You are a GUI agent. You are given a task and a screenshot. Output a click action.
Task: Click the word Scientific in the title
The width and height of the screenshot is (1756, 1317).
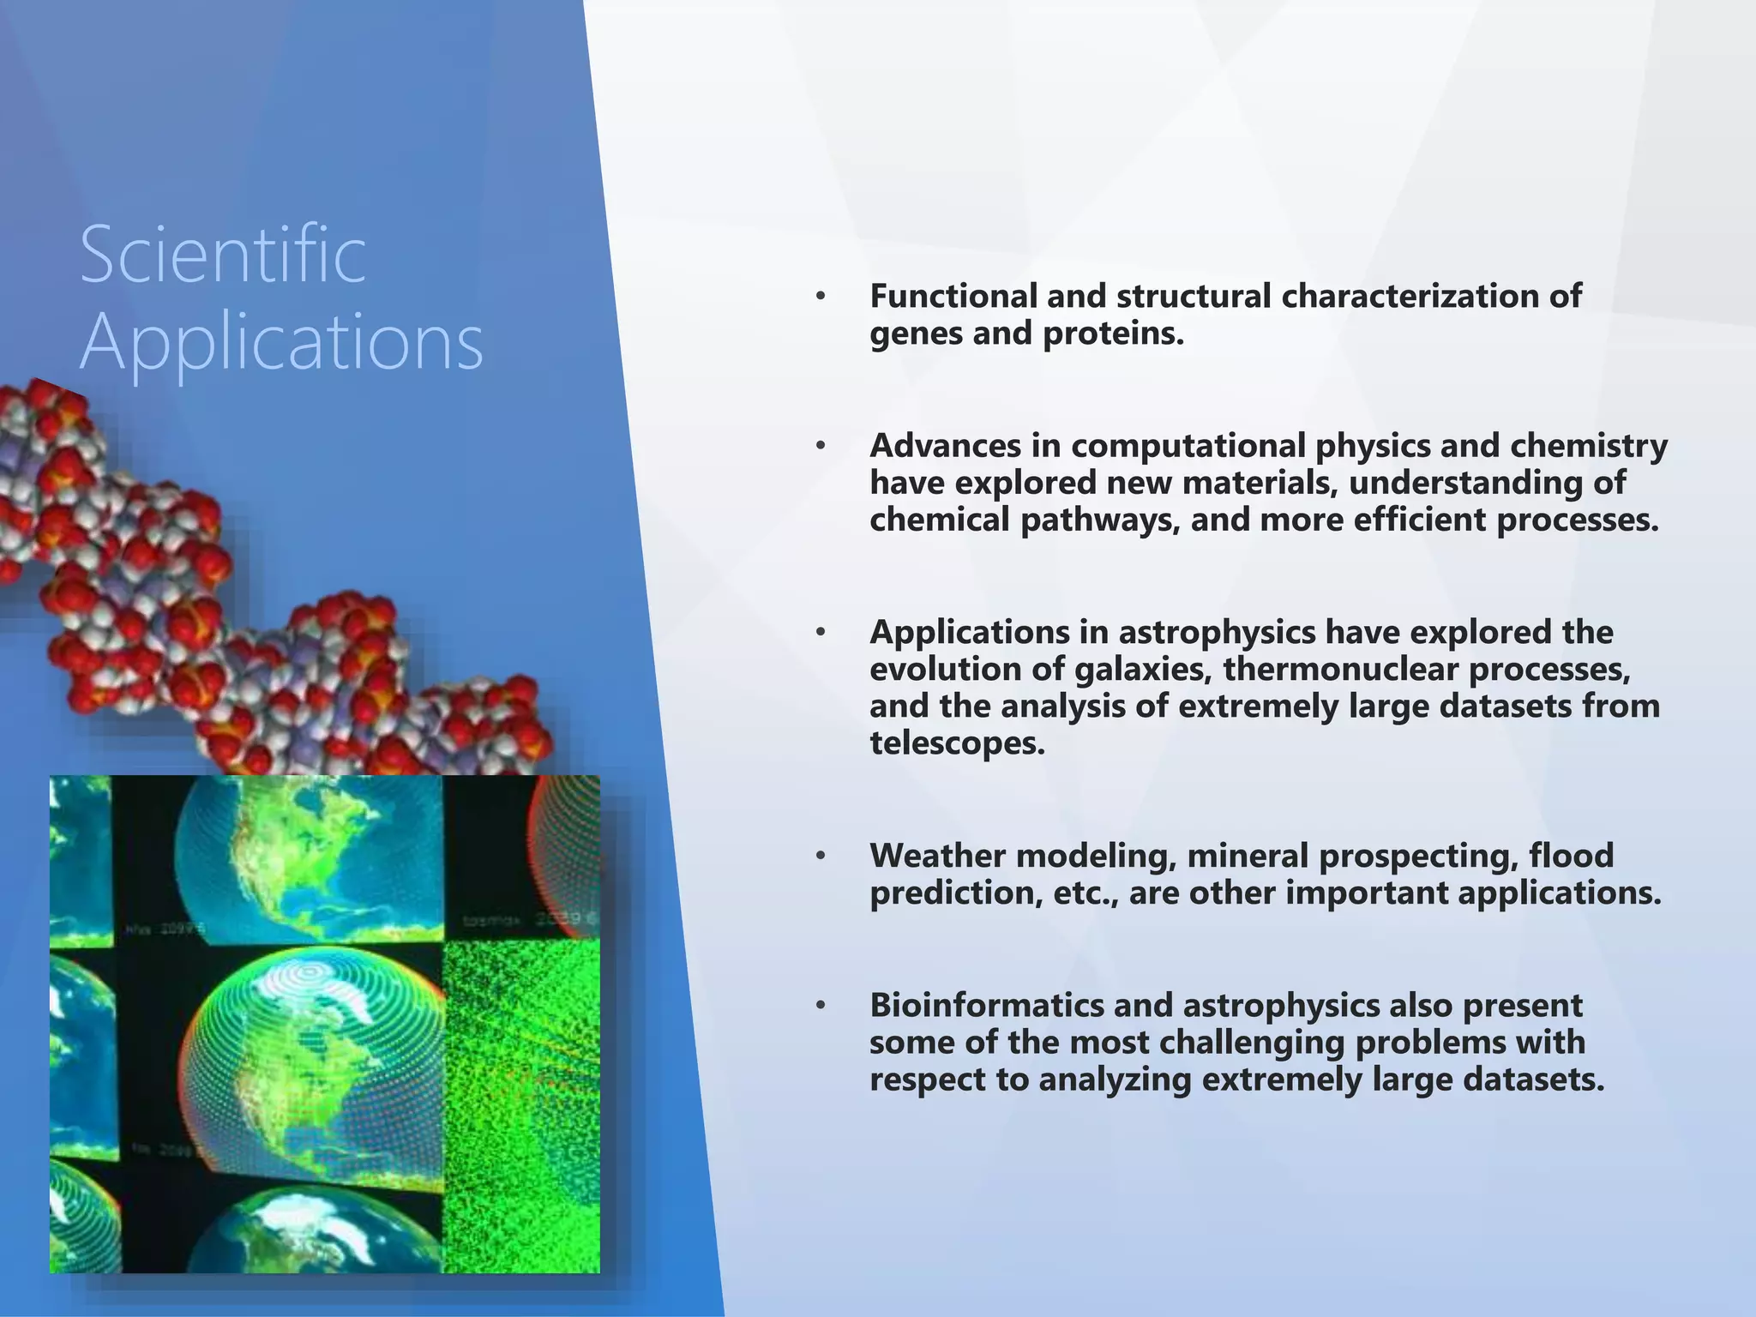click(x=223, y=255)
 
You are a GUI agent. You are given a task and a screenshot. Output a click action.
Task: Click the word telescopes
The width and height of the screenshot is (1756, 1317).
click(x=957, y=743)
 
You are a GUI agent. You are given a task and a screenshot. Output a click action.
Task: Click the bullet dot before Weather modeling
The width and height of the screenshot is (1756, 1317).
click(x=821, y=856)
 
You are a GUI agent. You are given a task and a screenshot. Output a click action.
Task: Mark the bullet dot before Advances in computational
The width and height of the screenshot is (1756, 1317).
click(x=821, y=446)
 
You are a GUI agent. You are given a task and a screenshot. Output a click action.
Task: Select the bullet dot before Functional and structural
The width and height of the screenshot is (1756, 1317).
click(x=821, y=297)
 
